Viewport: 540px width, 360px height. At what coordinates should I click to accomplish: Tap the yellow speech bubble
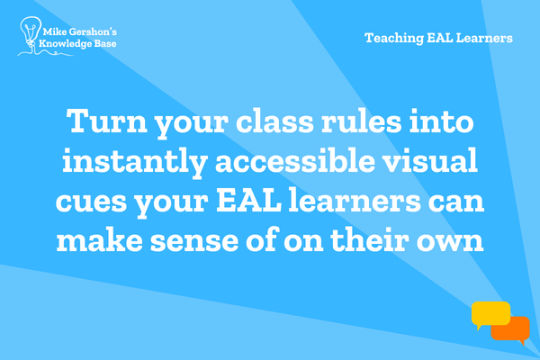tap(490, 315)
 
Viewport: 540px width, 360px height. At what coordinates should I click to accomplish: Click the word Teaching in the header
tap(394, 38)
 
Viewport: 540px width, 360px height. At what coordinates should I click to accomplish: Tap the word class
tap(274, 121)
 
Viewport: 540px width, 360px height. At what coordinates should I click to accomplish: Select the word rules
tap(361, 121)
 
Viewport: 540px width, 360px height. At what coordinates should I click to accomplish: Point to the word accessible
tap(295, 160)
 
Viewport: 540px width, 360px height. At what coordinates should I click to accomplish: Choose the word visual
tap(430, 160)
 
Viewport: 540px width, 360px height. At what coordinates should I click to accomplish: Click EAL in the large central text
tap(248, 200)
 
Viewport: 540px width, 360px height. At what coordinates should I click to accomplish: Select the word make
tap(100, 239)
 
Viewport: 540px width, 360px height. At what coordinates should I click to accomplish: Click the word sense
tap(194, 241)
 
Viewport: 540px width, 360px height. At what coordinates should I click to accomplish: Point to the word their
tap(370, 239)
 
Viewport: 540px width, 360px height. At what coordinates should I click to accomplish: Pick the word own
tap(450, 241)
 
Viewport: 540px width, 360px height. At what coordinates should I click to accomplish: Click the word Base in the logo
tap(105, 43)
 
